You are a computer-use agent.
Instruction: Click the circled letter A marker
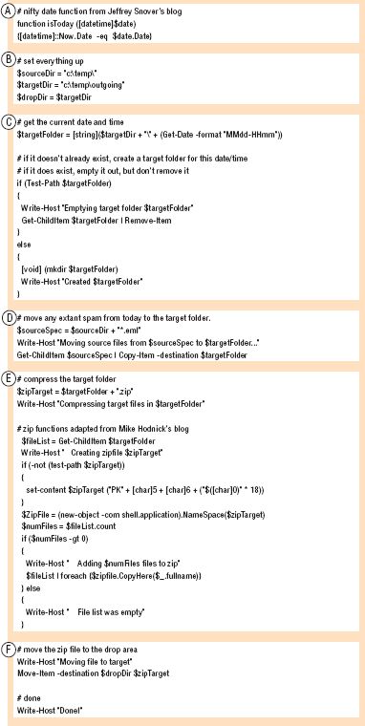(9, 11)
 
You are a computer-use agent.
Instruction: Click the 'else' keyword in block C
(26, 256)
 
